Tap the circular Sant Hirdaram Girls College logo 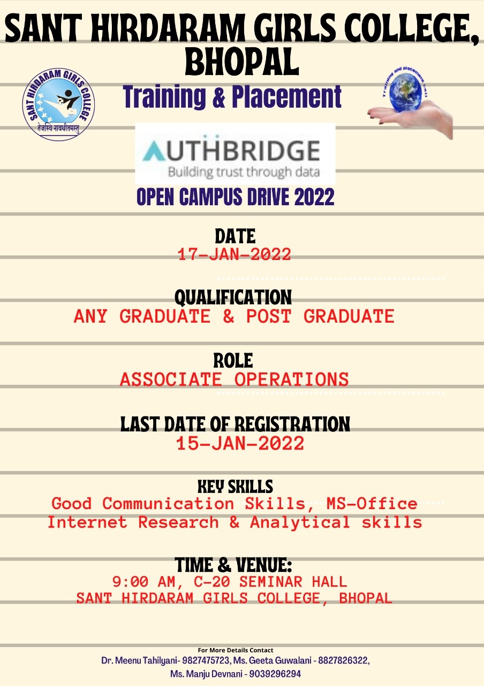pos(58,104)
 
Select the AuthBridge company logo pos(235,154)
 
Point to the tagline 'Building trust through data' pos(244,172)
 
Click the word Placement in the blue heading pos(286,97)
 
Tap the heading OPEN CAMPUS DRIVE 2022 pos(235,197)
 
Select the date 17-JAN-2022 pos(235,255)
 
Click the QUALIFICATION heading pos(233,297)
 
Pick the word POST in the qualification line pos(269,316)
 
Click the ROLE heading pos(233,361)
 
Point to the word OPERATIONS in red pos(292,379)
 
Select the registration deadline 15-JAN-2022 pos(240,443)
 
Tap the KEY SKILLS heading pos(235,486)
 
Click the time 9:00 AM pos(143,582)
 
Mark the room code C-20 pos(211,581)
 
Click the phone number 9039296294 pos(275,674)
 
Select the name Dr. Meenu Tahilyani pos(140,661)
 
